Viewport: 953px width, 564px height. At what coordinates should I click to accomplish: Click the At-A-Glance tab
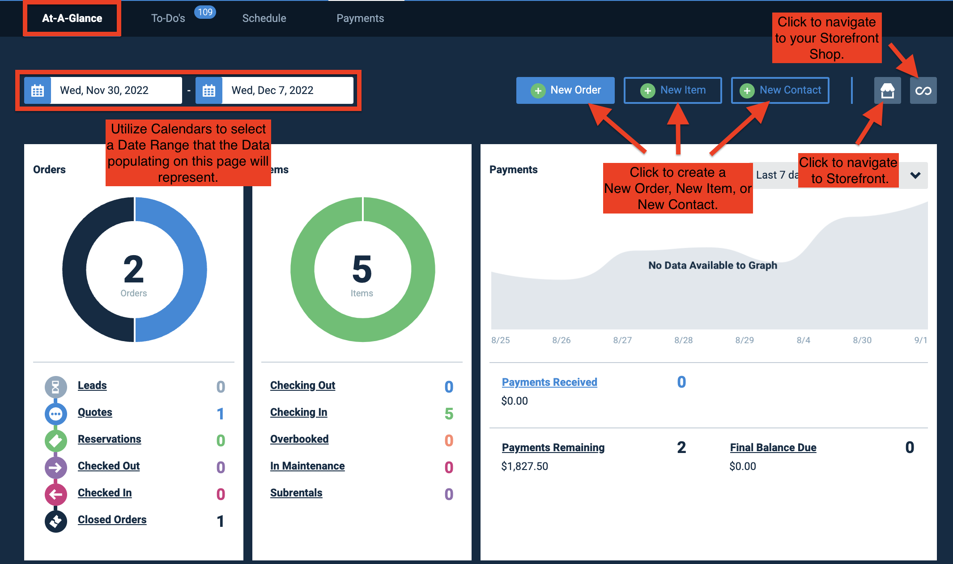click(x=72, y=18)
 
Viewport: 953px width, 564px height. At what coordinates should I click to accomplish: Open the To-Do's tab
click(x=168, y=18)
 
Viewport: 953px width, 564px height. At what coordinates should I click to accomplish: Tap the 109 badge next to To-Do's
click(x=205, y=12)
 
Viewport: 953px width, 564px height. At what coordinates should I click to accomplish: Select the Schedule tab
click(x=264, y=18)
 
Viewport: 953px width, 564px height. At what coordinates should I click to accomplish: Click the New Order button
click(x=565, y=90)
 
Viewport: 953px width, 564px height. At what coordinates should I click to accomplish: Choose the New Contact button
click(x=780, y=90)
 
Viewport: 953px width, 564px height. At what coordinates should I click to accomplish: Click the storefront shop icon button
click(x=888, y=90)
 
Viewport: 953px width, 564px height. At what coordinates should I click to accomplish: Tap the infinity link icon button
click(x=923, y=90)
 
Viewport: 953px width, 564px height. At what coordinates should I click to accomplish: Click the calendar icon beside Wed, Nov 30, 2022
click(x=38, y=90)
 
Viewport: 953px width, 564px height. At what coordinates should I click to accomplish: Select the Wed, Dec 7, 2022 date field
click(x=288, y=90)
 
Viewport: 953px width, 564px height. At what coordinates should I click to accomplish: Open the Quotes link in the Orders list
click(x=95, y=412)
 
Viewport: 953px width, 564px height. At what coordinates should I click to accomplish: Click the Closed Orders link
click(x=112, y=520)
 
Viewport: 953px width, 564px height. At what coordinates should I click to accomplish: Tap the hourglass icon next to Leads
click(x=55, y=387)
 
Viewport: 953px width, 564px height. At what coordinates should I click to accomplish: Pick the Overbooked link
click(x=299, y=439)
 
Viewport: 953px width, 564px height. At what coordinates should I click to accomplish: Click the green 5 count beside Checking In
click(x=449, y=414)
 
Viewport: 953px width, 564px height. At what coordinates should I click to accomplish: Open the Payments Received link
click(x=549, y=382)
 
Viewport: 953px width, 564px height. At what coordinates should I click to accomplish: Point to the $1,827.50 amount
click(x=524, y=466)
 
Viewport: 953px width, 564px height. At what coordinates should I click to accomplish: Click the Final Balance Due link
click(x=773, y=448)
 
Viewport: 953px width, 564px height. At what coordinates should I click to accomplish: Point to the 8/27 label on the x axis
click(x=622, y=340)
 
